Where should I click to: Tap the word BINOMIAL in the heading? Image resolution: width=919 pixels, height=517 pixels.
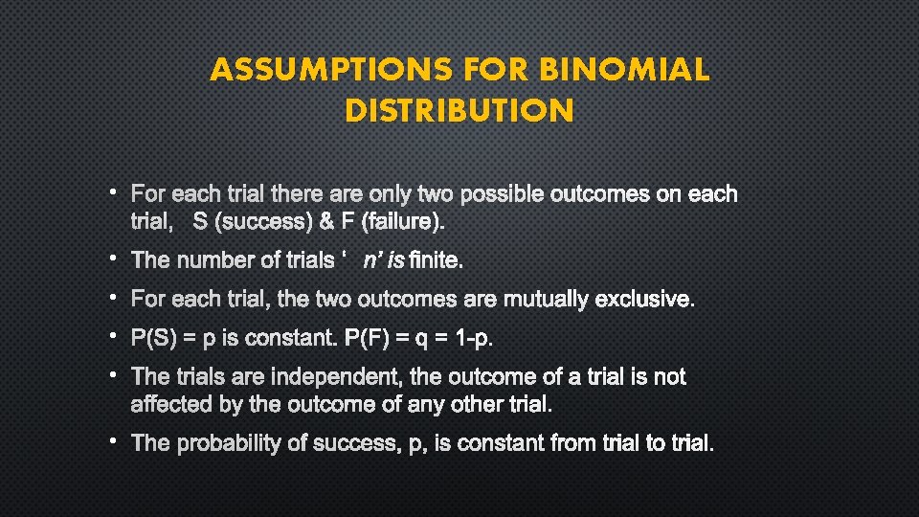point(624,70)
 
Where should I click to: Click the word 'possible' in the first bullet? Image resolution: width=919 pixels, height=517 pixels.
point(503,194)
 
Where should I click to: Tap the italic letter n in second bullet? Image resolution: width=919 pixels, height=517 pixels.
point(370,260)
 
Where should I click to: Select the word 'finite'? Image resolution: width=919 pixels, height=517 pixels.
point(436,260)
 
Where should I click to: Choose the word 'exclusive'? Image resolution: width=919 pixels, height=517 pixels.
point(644,300)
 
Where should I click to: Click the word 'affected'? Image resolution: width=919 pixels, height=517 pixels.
point(172,404)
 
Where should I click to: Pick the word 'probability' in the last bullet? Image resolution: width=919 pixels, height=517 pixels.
point(231,443)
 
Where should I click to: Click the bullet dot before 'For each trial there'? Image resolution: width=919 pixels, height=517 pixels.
point(112,192)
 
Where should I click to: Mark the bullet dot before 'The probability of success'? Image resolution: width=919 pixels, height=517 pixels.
point(112,441)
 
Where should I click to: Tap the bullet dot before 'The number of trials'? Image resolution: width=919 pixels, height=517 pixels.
point(112,258)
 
